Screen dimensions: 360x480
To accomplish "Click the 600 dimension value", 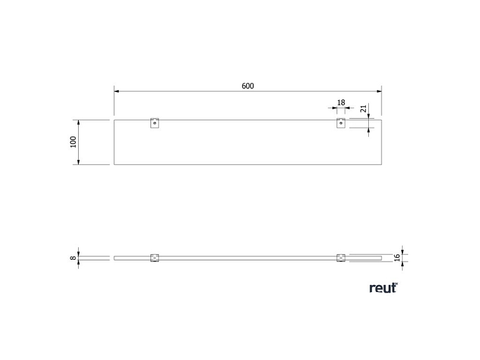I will [x=248, y=86].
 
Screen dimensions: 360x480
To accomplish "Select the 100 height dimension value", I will [x=74, y=142].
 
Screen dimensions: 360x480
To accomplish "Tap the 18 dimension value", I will [x=341, y=102].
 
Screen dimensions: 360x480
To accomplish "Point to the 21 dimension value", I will [x=363, y=109].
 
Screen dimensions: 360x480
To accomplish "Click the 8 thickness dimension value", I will [x=74, y=258].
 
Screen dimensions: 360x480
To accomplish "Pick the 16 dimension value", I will [x=397, y=258].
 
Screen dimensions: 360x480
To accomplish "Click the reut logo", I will [x=383, y=288].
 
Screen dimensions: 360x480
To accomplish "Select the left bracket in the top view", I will [x=154, y=123].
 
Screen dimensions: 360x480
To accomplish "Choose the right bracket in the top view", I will [x=340, y=123].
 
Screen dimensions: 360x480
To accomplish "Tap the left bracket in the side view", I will [x=154, y=258].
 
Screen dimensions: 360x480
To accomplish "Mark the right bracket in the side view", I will [x=340, y=258].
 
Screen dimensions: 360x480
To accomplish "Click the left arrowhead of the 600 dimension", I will [x=117, y=91].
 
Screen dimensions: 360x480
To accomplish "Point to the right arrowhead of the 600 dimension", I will [x=379, y=91].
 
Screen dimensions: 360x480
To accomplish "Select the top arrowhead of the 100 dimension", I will [x=78, y=122].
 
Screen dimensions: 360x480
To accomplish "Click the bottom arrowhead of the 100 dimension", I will [x=78, y=163].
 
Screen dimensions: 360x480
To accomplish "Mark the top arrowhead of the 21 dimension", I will [x=369, y=117].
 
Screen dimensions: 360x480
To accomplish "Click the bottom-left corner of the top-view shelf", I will [x=114, y=165].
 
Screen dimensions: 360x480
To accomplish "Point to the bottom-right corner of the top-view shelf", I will [x=382, y=165].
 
